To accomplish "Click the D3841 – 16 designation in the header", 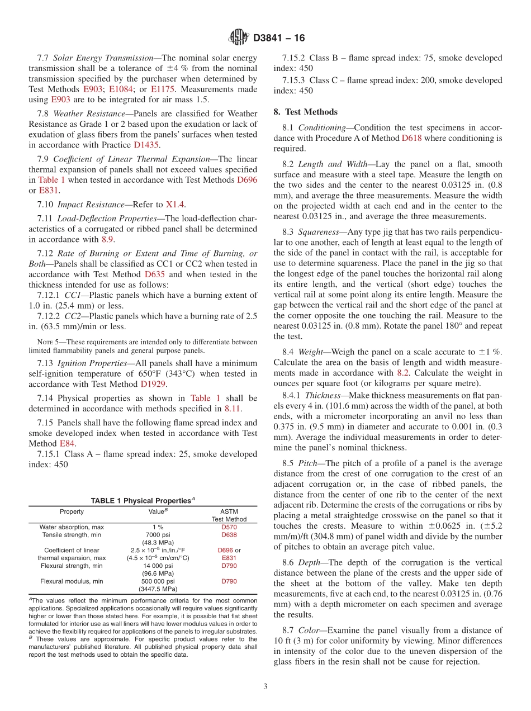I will click(x=279, y=38).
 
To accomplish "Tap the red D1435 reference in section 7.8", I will click(x=146, y=144).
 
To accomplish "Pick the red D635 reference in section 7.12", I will click(x=155, y=274).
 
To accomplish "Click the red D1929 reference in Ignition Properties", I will click(x=150, y=384).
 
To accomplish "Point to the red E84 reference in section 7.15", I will click(x=67, y=443).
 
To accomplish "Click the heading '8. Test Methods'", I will click(x=306, y=112).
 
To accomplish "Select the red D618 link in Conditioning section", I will click(x=411, y=138).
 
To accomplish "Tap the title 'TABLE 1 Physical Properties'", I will click(x=143, y=500).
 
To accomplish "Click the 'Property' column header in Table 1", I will click(x=72, y=511).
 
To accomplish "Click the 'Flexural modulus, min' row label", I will click(x=72, y=581).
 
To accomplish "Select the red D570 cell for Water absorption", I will click(x=229, y=527).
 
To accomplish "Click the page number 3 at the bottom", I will click(x=265, y=686).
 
